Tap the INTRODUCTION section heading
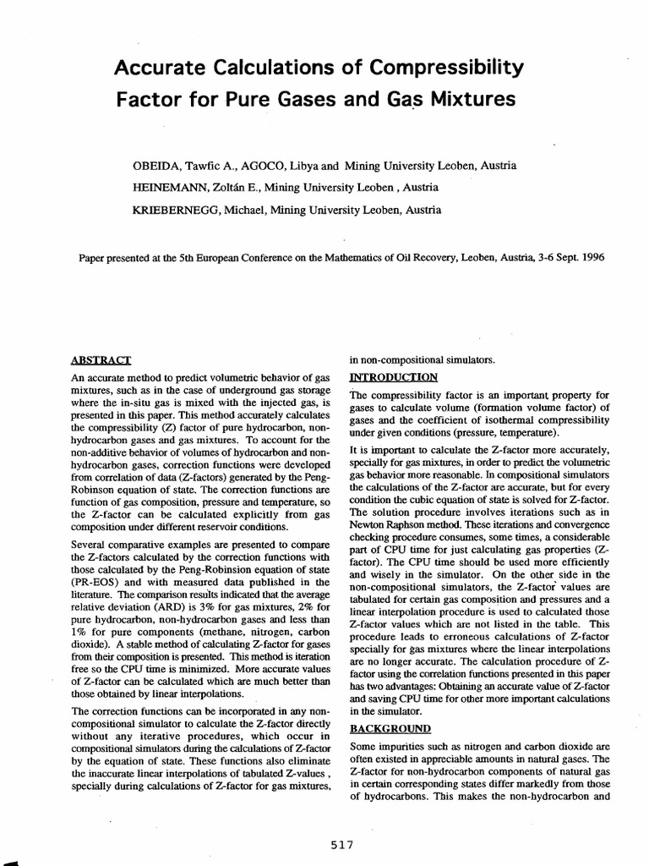[393, 377]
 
